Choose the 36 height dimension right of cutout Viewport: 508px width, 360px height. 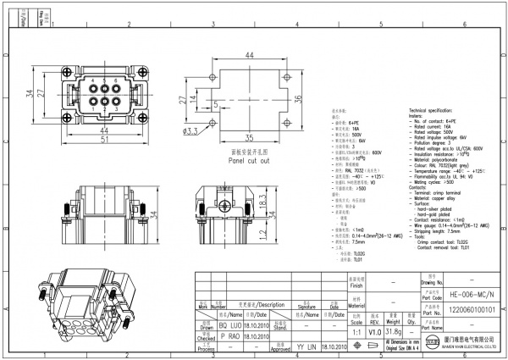(297, 98)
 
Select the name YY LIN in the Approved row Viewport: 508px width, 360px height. (306, 347)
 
